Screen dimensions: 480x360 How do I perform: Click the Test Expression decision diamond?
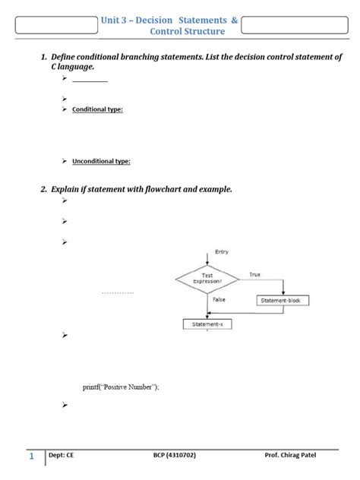207,279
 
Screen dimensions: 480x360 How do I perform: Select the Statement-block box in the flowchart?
283,301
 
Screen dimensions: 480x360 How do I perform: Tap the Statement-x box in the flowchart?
207,324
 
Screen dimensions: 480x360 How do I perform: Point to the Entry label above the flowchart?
222,251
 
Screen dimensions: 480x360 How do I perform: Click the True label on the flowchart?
254,273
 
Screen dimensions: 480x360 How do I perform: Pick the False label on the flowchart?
219,299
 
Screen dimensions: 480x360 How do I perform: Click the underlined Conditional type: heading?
97,110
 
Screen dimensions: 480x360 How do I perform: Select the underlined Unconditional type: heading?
101,161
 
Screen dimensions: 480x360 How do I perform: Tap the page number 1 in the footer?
32,456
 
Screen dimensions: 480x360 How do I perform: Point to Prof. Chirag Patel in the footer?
292,456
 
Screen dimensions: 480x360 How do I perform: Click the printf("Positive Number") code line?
122,387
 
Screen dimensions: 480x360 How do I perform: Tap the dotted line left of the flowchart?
117,292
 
